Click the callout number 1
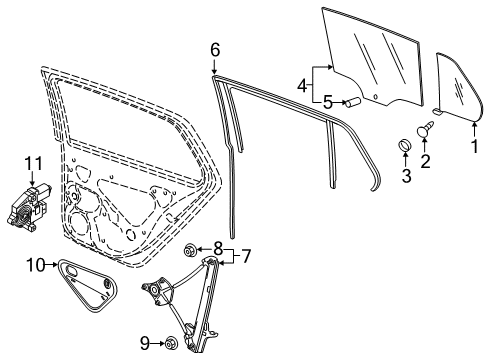475,146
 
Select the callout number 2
425,161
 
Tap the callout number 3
406,176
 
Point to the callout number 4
302,86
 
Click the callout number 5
328,102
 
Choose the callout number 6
215,50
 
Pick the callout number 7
246,256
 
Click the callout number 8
218,248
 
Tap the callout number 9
145,343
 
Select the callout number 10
35,265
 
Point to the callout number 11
34,164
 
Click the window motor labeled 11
28,208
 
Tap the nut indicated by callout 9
171,342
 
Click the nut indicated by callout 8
190,249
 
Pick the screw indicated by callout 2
425,129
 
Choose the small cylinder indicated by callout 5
353,102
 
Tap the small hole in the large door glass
375,97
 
